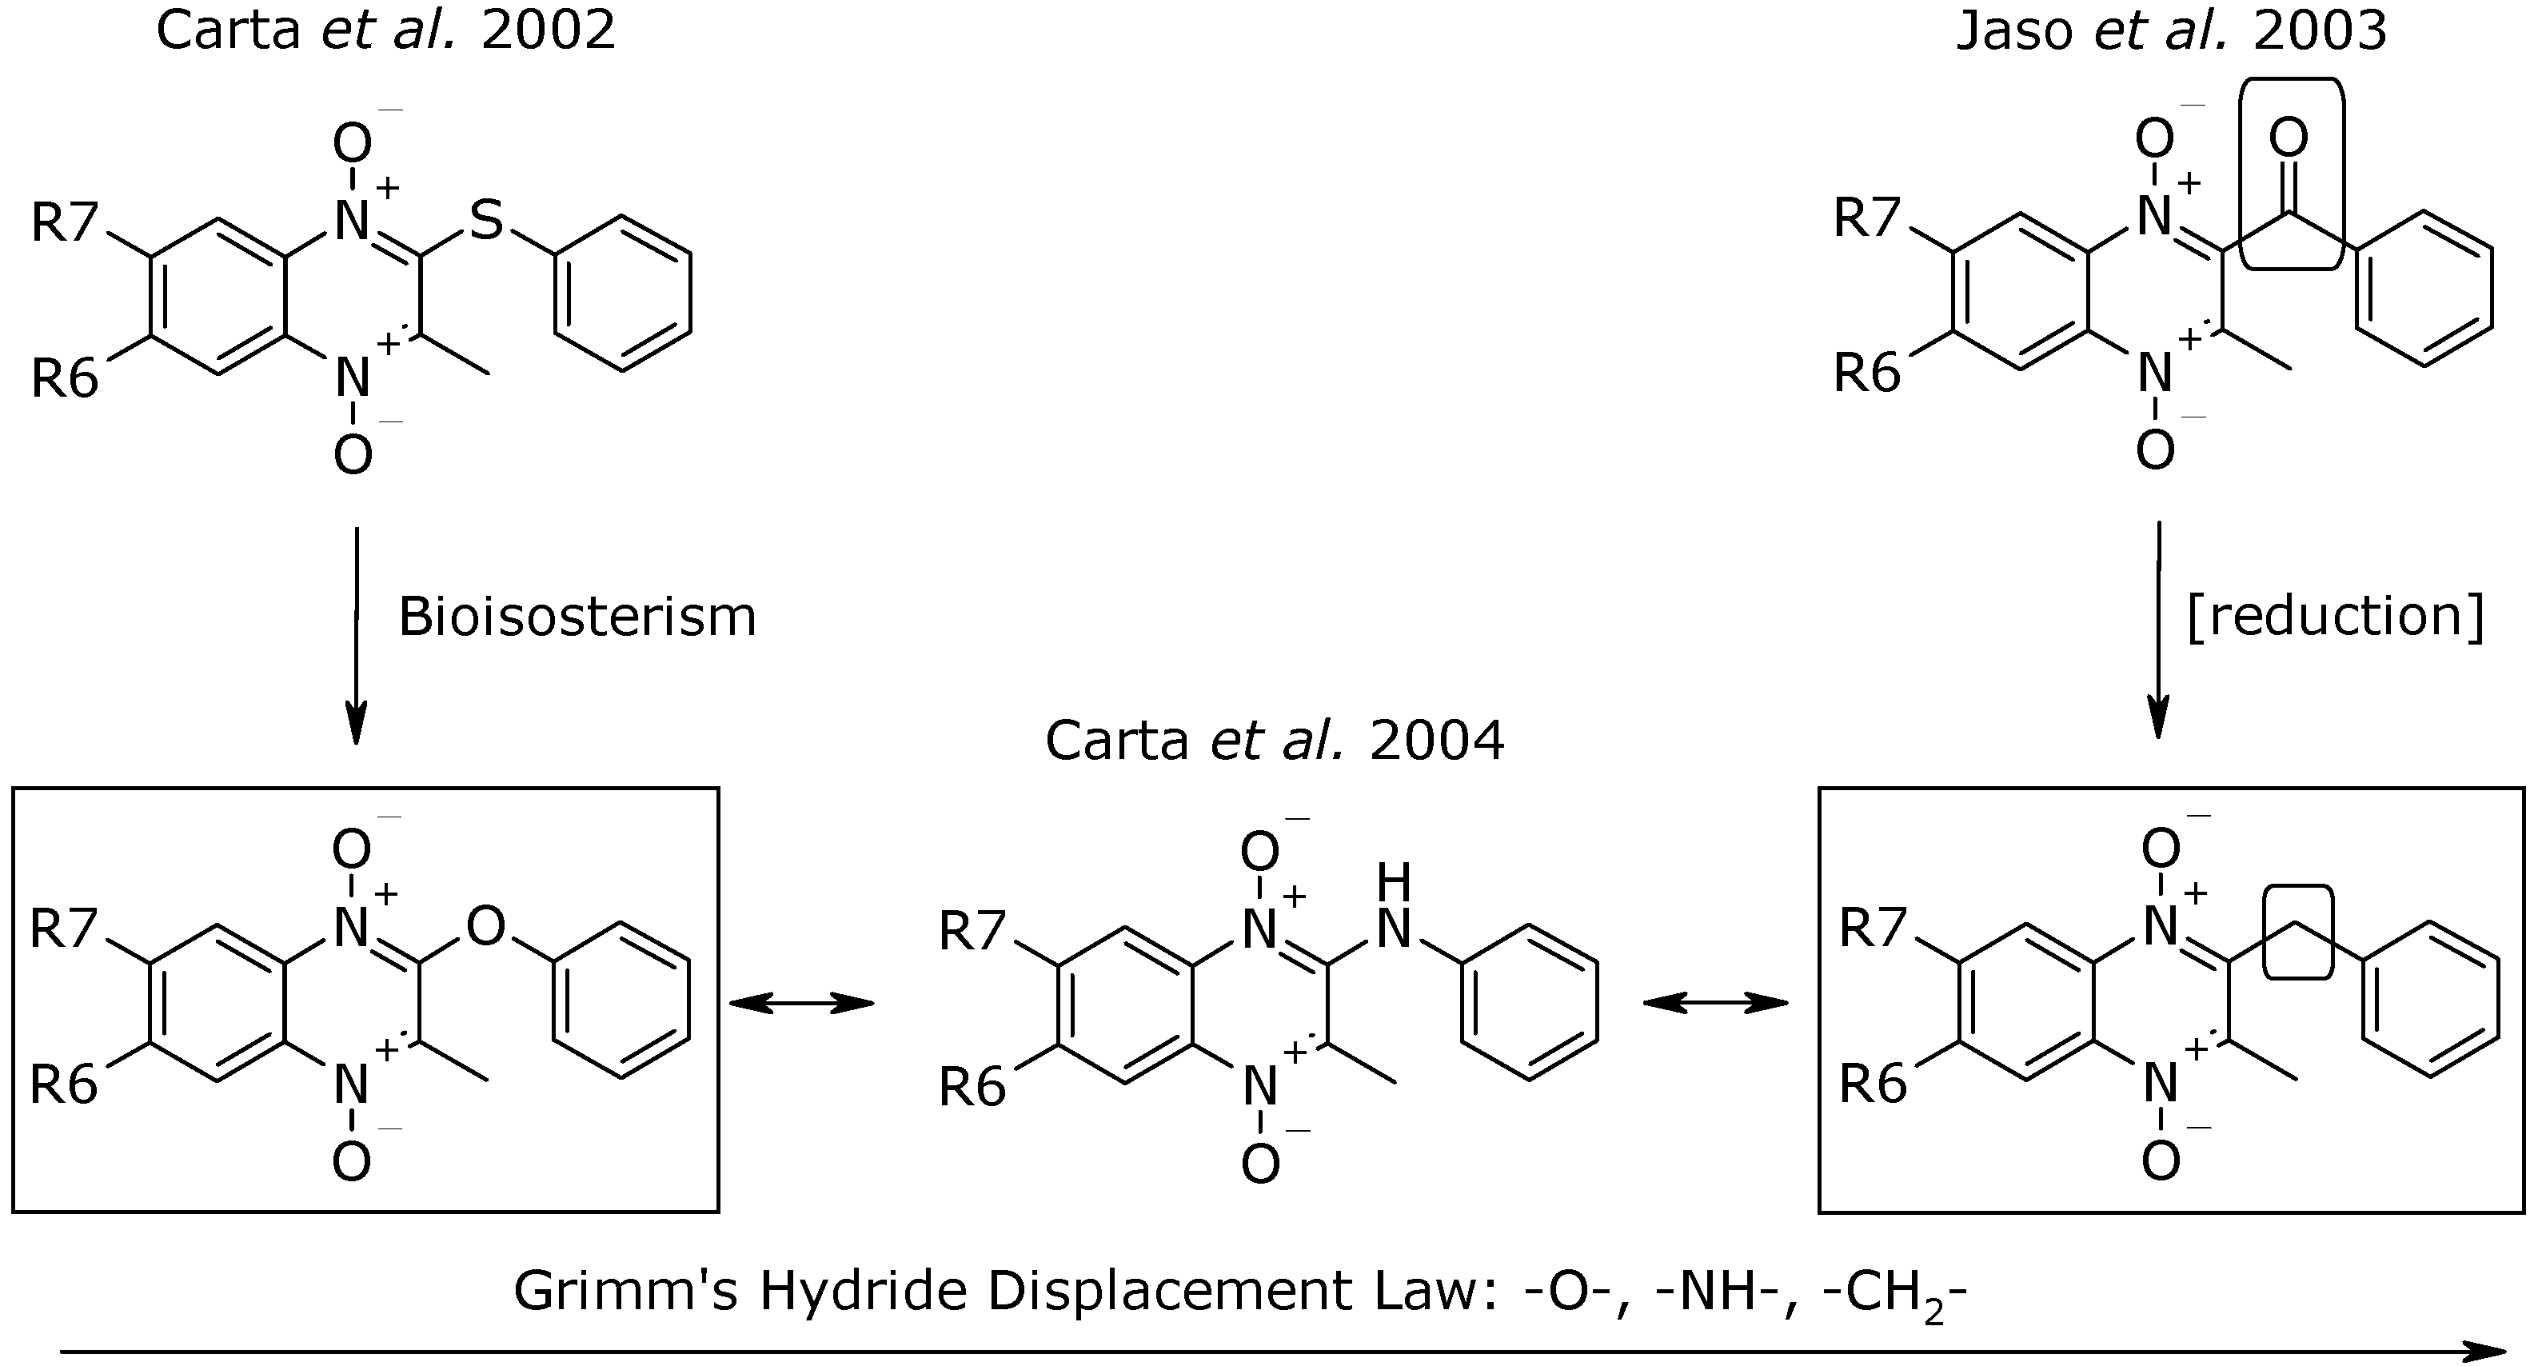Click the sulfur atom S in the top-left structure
click(486, 220)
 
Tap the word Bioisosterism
click(577, 617)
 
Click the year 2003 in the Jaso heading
click(2320, 30)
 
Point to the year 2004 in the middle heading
click(1437, 741)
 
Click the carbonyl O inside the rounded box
click(2289, 138)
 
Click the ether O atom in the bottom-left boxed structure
click(486, 925)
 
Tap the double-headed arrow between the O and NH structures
click(801, 1003)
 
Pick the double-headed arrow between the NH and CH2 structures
click(1716, 1003)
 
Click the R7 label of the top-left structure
click(65, 223)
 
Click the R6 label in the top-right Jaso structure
click(1868, 374)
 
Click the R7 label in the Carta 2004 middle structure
click(972, 931)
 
